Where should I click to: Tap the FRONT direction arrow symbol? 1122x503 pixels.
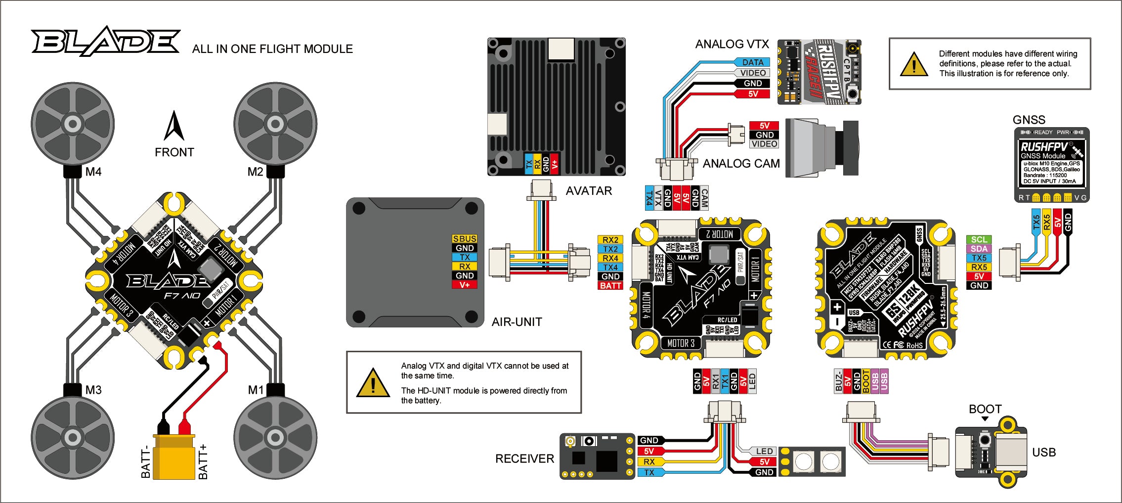[x=174, y=126]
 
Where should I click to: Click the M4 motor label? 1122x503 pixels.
[x=93, y=172]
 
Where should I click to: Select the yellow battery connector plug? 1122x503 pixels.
[x=174, y=456]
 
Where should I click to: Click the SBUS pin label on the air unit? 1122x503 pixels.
[x=465, y=239]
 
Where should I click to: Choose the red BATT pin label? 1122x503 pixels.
[x=610, y=286]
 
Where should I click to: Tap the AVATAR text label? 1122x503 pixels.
[x=589, y=191]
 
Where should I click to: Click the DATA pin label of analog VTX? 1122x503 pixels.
[x=753, y=62]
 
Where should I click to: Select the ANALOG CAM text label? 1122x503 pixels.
[x=741, y=164]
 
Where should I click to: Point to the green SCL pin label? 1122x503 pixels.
[x=979, y=240]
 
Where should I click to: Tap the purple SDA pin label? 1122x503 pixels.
[x=979, y=249]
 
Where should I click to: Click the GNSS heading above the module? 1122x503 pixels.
[x=1029, y=120]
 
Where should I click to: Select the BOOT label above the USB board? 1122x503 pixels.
[x=985, y=409]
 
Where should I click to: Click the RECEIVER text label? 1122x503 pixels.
[x=524, y=459]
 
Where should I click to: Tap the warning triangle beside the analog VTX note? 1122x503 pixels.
[x=373, y=383]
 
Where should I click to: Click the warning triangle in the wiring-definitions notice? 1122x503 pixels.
[x=914, y=64]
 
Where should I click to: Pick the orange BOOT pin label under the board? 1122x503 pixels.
[x=866, y=381]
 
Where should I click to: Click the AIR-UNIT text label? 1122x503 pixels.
[x=517, y=322]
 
